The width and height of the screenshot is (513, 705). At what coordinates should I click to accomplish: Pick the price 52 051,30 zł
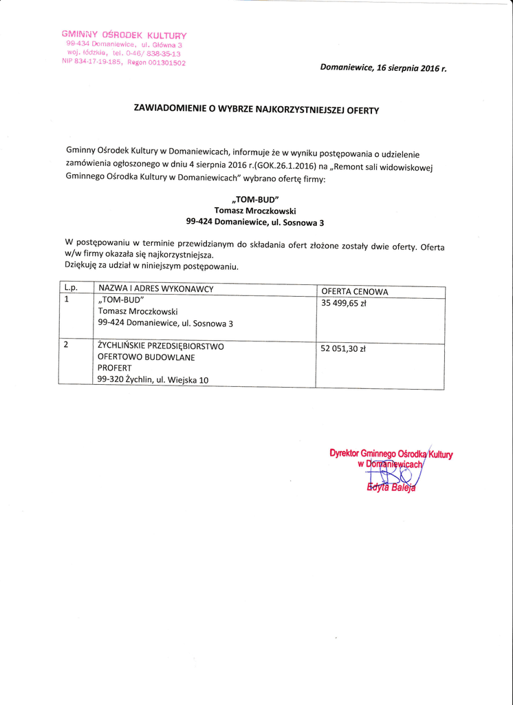coord(343,349)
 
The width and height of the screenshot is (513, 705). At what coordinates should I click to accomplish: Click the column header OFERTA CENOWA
coord(355,292)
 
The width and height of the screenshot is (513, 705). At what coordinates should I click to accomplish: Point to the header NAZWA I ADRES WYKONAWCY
coord(156,288)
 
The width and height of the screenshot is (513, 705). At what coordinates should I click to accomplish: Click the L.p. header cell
coord(71,287)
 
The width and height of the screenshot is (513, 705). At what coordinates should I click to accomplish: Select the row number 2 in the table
coord(66,345)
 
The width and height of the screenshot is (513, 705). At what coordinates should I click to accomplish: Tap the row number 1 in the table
coord(66,299)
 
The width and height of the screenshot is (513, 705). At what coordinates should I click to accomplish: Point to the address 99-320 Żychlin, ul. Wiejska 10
coord(153,380)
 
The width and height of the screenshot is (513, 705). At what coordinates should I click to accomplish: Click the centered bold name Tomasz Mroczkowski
coord(255,211)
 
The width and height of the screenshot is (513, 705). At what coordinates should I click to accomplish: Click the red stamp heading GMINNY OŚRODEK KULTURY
coord(124,34)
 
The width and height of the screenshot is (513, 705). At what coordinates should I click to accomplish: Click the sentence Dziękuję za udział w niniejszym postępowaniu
coord(151,265)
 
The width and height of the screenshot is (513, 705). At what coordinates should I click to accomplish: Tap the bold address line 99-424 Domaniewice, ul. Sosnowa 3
coord(254,222)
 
